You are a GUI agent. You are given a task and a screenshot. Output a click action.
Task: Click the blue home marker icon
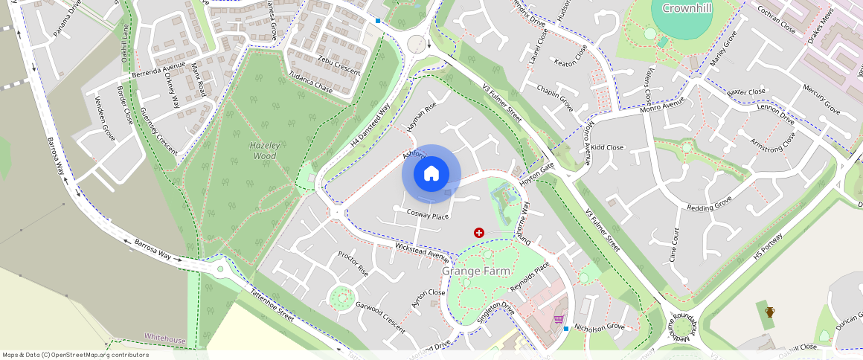click(x=431, y=174)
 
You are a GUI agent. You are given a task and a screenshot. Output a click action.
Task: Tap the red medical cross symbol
click(x=478, y=233)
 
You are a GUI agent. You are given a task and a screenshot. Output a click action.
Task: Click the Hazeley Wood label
click(x=265, y=150)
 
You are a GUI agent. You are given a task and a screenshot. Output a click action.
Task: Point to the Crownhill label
click(x=682, y=8)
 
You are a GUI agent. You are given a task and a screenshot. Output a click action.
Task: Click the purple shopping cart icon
click(x=558, y=319)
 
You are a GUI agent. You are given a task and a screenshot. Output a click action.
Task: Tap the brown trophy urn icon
click(x=770, y=312)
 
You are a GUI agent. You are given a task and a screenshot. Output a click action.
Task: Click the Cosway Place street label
click(x=428, y=215)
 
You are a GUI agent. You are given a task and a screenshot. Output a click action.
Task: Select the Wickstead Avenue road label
click(x=423, y=251)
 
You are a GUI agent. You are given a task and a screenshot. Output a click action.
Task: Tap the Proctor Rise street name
click(x=353, y=263)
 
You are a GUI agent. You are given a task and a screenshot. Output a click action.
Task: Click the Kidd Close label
click(x=607, y=147)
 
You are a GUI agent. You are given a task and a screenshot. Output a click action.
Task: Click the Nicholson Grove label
click(x=599, y=326)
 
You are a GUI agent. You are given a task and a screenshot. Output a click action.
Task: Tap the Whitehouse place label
click(x=164, y=339)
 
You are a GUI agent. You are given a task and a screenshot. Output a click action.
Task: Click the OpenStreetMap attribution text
click(x=75, y=355)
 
